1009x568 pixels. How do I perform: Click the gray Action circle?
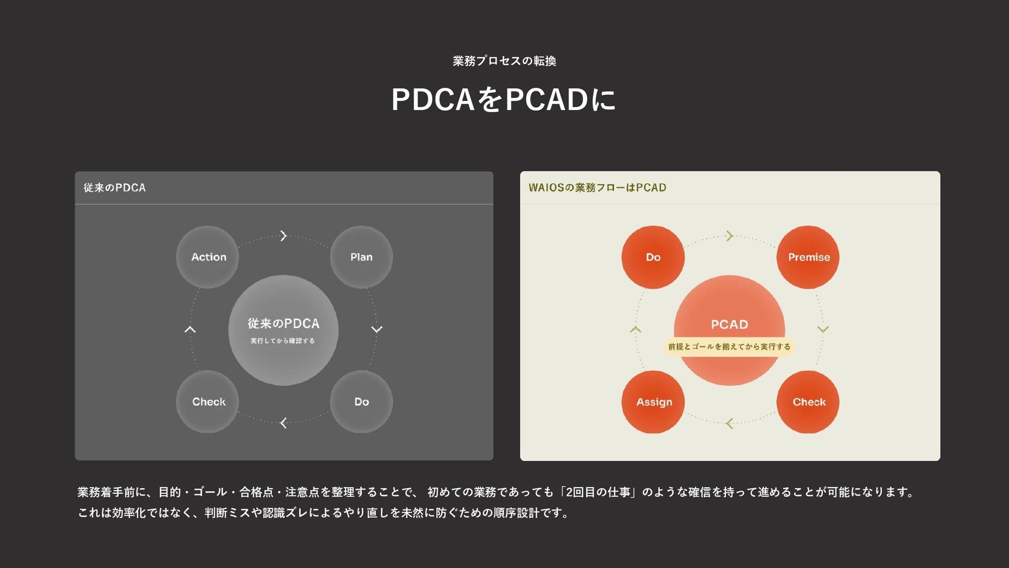[207, 257]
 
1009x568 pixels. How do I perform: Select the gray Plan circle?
[361, 257]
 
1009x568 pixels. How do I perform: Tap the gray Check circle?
[207, 402]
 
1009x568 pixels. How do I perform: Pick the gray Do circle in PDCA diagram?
[361, 402]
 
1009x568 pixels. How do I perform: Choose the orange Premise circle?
[808, 257]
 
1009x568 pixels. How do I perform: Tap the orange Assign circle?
[653, 402]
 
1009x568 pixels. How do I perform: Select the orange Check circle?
[808, 402]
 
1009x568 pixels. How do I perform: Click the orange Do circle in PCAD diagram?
[653, 257]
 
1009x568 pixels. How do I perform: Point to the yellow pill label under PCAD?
[729, 346]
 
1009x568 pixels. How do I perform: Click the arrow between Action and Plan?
[283, 236]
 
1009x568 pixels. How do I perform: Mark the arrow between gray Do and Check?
[283, 423]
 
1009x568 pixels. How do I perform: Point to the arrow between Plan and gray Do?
[377, 329]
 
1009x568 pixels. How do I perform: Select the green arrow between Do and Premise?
[730, 236]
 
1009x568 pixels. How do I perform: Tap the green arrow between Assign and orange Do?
[635, 329]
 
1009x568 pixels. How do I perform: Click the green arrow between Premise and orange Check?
[823, 329]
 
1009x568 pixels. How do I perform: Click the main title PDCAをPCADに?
[503, 99]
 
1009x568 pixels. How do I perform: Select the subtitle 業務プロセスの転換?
[504, 61]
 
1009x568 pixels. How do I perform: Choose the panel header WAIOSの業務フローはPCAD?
[597, 187]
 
